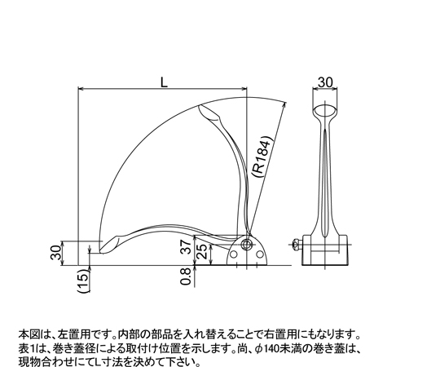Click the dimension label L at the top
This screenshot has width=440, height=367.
click(164, 82)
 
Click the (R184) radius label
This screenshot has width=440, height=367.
click(262, 157)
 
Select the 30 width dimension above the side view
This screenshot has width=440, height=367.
click(325, 82)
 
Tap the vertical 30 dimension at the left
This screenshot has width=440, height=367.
click(56, 252)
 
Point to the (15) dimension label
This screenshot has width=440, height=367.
click(84, 281)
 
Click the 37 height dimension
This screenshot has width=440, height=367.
click(187, 247)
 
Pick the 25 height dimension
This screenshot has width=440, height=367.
click(203, 251)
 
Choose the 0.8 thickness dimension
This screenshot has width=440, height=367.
click(187, 276)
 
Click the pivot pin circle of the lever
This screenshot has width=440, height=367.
click(247, 244)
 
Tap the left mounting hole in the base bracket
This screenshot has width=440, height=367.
click(233, 254)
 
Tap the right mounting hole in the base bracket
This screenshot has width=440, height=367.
click(260, 254)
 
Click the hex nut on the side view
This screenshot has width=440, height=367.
click(296, 245)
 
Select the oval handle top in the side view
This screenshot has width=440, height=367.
click(324, 110)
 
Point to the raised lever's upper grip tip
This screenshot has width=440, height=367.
click(200, 107)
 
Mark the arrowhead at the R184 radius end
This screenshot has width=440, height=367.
click(284, 105)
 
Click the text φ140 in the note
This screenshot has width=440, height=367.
click(262, 349)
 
